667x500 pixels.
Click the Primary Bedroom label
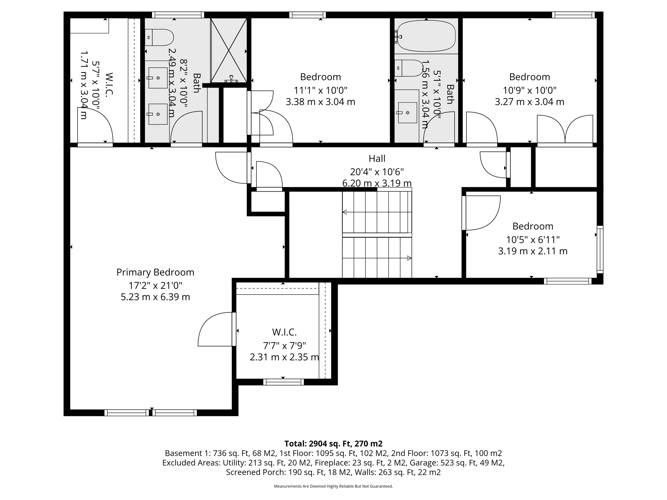click(x=155, y=272)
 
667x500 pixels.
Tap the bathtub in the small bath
click(x=426, y=36)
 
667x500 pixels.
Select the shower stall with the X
click(x=229, y=50)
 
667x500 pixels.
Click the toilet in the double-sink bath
click(x=159, y=37)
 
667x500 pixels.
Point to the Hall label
click(x=377, y=159)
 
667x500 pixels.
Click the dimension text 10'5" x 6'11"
click(x=532, y=240)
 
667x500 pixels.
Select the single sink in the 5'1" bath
click(x=407, y=113)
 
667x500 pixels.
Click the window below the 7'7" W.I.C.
click(x=283, y=382)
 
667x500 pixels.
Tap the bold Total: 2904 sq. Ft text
click(x=333, y=443)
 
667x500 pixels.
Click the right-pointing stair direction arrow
click(x=409, y=258)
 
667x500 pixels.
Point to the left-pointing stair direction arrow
click(x=345, y=212)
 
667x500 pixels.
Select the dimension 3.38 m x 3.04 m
click(x=320, y=102)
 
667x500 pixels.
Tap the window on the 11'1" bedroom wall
click(x=307, y=15)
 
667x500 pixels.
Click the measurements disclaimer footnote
click(x=333, y=486)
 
